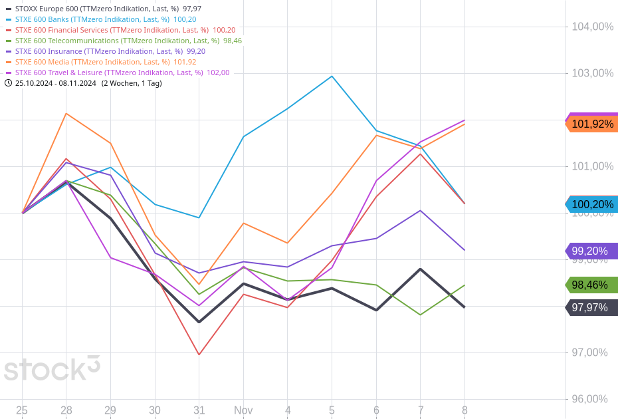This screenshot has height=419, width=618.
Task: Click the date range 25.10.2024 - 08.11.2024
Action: pos(56,83)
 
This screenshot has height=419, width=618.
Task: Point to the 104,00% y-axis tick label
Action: pos(592,27)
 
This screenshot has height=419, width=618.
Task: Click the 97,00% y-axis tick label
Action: pos(592,352)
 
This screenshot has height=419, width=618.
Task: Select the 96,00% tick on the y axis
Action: pos(592,399)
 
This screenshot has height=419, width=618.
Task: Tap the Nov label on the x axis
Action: pos(243,410)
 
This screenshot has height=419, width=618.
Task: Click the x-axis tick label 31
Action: pos(199,410)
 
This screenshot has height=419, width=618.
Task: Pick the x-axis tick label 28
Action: pos(66,410)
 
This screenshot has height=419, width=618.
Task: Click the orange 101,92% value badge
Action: pos(592,124)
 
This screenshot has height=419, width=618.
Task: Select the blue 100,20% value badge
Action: pos(592,205)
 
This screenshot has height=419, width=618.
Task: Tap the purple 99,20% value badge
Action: pos(592,251)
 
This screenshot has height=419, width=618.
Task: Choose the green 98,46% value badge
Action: pos(592,285)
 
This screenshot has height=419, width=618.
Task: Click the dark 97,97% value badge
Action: pos(592,307)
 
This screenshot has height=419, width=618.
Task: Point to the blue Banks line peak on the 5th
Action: pos(332,76)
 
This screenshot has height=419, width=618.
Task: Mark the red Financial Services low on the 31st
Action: pos(199,354)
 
